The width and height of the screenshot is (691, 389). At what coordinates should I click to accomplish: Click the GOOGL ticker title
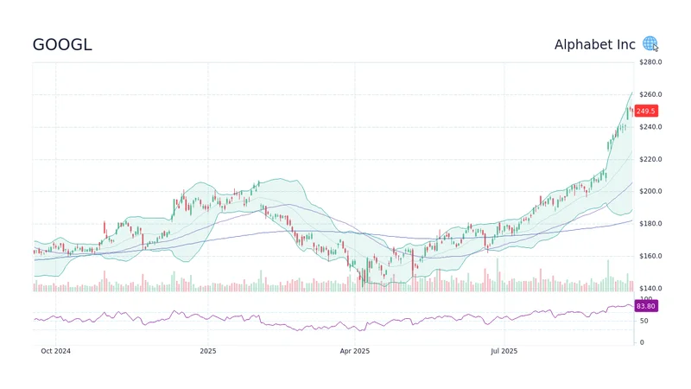(x=62, y=45)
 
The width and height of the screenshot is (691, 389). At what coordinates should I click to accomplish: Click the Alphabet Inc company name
(x=594, y=45)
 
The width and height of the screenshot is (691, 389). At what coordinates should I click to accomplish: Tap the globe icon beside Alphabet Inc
(x=650, y=44)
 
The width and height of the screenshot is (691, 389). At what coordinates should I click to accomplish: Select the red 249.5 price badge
(x=646, y=111)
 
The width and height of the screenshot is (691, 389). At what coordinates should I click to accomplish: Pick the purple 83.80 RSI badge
(x=646, y=306)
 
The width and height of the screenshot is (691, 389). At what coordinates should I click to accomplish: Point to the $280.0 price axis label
(x=650, y=62)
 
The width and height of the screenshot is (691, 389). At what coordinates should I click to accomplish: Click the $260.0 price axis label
(x=650, y=94)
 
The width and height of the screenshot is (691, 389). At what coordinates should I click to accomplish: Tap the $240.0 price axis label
(x=650, y=127)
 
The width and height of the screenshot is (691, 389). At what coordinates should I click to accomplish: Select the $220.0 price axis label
(x=650, y=159)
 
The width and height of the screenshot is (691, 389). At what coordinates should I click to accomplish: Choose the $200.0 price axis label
(x=650, y=191)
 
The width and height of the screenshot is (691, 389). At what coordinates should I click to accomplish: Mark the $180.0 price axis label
(x=650, y=224)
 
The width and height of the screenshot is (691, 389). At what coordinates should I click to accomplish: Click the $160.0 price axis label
(x=650, y=256)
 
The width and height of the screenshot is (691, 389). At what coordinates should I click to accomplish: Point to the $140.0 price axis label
(x=650, y=288)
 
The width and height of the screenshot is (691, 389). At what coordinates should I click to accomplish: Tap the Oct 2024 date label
(x=56, y=351)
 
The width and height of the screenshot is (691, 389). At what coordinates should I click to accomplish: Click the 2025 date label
(x=207, y=351)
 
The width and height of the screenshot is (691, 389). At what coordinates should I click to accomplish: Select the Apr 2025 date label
(x=354, y=351)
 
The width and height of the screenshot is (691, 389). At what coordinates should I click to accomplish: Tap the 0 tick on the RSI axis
(x=640, y=342)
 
